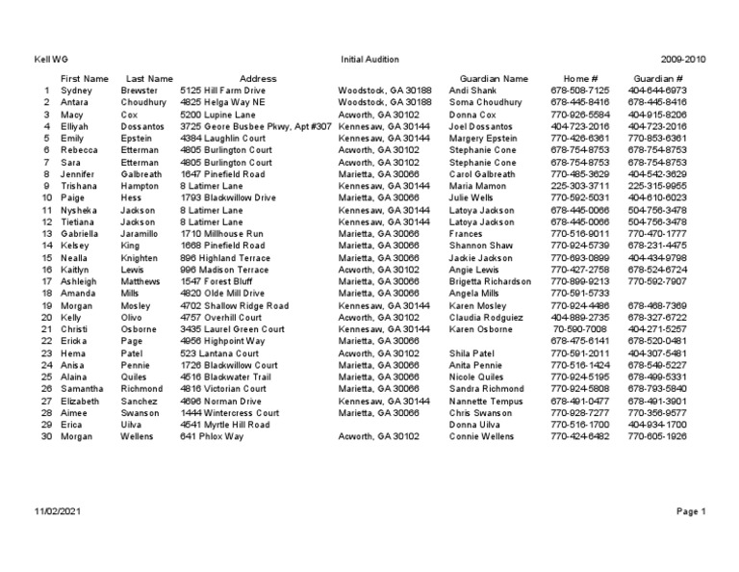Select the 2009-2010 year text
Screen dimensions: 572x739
coord(683,59)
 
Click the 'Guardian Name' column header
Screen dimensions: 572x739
coord(494,78)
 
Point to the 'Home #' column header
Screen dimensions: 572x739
coord(580,78)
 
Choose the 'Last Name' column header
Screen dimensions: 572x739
coord(149,78)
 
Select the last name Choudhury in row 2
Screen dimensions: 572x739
coord(143,102)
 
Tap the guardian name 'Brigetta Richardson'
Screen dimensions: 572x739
coord(490,282)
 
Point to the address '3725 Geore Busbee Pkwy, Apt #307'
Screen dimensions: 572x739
coord(255,126)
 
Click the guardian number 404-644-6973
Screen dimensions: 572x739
coord(657,91)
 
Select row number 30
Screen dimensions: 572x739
coord(45,436)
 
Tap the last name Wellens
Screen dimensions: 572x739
coord(139,436)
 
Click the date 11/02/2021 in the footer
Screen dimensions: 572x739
coord(59,511)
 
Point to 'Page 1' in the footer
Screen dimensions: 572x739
coord(691,511)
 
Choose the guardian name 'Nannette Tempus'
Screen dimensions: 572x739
coord(486,401)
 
